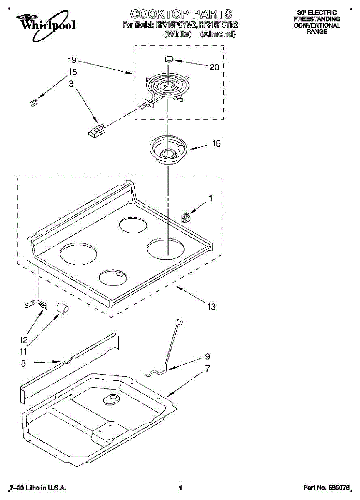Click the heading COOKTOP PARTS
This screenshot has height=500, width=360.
point(180,14)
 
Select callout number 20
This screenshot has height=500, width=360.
point(214,67)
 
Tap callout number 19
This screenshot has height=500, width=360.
point(72,60)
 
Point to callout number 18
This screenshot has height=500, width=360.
point(216,144)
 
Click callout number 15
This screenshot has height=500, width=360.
point(72,72)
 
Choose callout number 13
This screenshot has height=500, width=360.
point(212,307)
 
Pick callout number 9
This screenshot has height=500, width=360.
point(207,357)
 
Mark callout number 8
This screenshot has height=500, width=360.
point(23,364)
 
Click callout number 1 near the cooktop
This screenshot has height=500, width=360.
point(210,199)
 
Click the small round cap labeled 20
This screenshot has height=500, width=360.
point(169,59)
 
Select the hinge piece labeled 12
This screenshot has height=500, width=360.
point(36,305)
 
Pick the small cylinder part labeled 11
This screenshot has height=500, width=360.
point(62,308)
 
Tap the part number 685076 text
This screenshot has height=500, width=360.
point(326,488)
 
